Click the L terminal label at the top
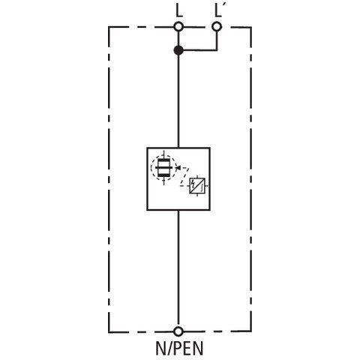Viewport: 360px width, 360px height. click(179, 11)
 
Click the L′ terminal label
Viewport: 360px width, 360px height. click(219, 11)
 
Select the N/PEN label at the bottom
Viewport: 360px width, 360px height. click(179, 348)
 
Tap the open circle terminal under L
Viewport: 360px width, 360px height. click(178, 26)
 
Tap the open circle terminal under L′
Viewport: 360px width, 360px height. click(217, 26)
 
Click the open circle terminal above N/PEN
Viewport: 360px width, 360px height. click(178, 331)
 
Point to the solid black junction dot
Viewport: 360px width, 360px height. click(178, 50)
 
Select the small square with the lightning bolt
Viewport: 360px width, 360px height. click(197, 186)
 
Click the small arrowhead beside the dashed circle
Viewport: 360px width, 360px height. click(178, 167)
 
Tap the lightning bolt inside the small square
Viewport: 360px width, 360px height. click(193, 184)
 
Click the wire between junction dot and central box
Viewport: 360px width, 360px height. click(178, 101)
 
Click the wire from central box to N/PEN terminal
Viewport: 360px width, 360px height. click(178, 268)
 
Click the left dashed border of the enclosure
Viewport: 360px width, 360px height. click(109, 179)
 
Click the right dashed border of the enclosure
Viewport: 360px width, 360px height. click(250, 179)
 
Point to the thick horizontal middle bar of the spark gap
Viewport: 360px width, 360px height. click(163, 168)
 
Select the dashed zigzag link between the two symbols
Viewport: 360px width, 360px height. click(184, 176)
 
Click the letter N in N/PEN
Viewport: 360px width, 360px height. click(160, 348)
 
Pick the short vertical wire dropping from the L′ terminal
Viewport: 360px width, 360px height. click(217, 40)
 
